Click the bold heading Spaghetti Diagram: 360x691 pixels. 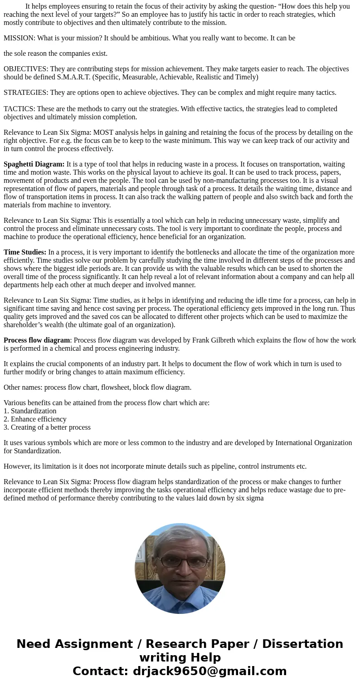[x=34, y=164]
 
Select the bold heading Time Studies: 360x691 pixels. [x=25, y=252]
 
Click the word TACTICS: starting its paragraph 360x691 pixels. [x=19, y=109]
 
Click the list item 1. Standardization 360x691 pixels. [x=30, y=411]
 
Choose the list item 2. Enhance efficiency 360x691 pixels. [x=35, y=419]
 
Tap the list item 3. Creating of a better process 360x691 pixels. [x=47, y=427]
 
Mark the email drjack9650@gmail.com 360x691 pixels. [x=209, y=671]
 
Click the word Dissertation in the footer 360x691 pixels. [x=302, y=644]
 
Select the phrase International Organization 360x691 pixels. [x=314, y=443]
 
